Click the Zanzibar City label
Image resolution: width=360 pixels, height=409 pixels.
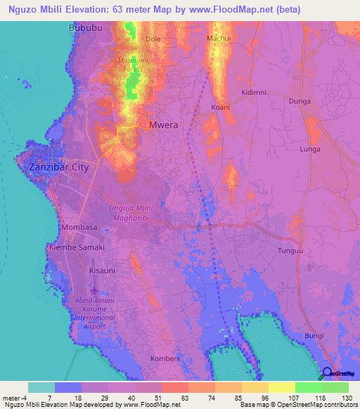(59, 167)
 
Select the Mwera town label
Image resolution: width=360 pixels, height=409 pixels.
(163, 125)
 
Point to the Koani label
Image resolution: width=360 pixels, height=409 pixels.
(221, 108)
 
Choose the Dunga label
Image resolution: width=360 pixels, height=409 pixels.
(300, 101)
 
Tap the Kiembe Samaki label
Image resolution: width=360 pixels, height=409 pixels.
(76, 248)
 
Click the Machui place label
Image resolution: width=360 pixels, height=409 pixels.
(219, 37)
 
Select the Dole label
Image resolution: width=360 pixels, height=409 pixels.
(153, 39)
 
